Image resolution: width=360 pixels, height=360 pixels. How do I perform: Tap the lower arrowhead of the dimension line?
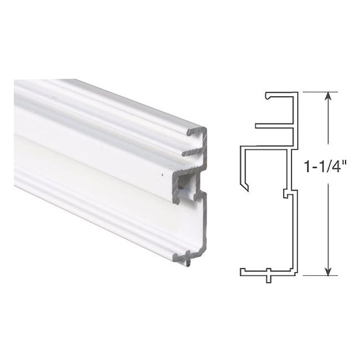pyautogui.click(x=328, y=271)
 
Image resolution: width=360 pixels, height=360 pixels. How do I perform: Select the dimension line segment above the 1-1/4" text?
pyautogui.click(x=328, y=127)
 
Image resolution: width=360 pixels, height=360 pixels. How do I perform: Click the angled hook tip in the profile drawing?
pyautogui.click(x=246, y=186)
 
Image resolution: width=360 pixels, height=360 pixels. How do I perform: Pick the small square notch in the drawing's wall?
pyautogui.click(x=286, y=193)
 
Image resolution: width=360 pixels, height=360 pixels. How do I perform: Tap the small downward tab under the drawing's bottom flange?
pyautogui.click(x=268, y=277)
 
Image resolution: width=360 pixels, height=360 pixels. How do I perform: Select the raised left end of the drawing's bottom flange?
pyautogui.click(x=243, y=271)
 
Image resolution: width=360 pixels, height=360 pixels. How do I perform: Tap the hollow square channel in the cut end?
pyautogui.click(x=187, y=182)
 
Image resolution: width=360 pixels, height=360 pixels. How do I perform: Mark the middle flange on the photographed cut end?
pyautogui.click(x=191, y=150)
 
